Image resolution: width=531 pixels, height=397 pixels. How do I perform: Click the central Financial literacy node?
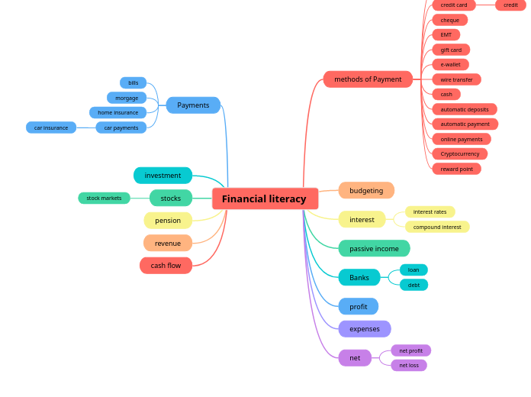pos(265,198)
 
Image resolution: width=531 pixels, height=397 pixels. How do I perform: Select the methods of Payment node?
pos(368,79)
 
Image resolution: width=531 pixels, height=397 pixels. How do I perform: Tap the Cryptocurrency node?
pos(459,153)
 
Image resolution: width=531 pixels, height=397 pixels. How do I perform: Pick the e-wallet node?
pos(450,65)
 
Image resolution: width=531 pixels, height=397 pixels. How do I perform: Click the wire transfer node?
pos(456,79)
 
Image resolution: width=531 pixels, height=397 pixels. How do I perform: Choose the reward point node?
pos(456,169)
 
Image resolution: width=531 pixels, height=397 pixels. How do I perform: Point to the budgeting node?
pos(366,190)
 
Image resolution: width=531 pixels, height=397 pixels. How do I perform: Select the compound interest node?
pos(437,227)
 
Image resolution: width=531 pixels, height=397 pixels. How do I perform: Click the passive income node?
pos(374,248)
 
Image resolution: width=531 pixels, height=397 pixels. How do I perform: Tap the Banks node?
pos(359,277)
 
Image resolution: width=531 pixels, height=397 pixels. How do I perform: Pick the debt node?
pos(414,285)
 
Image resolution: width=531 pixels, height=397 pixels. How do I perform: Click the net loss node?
pos(409,365)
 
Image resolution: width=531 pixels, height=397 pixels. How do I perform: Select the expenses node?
pos(365,329)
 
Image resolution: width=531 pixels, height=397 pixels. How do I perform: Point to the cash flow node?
pos(166,266)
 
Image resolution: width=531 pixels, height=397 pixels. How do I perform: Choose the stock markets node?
pos(104,198)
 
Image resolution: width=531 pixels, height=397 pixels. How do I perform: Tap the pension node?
pos(168,221)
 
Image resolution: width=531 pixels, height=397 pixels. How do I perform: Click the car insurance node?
pos(51,127)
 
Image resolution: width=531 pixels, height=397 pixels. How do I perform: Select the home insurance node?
pos(117,112)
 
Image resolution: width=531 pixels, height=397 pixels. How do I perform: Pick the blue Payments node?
pos(193,105)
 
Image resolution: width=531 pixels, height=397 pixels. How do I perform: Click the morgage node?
pos(127,98)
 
